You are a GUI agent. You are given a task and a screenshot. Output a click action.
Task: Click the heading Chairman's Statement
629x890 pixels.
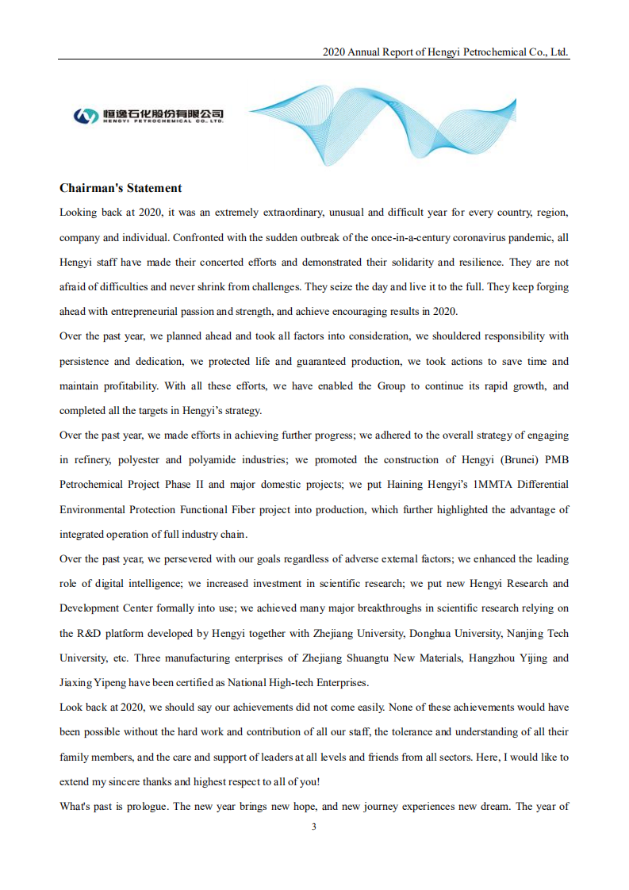[x=121, y=188]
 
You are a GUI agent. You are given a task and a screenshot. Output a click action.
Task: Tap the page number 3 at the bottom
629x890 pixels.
[x=314, y=827]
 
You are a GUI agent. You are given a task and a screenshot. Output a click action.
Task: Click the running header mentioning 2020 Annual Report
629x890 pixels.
[x=445, y=52]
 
